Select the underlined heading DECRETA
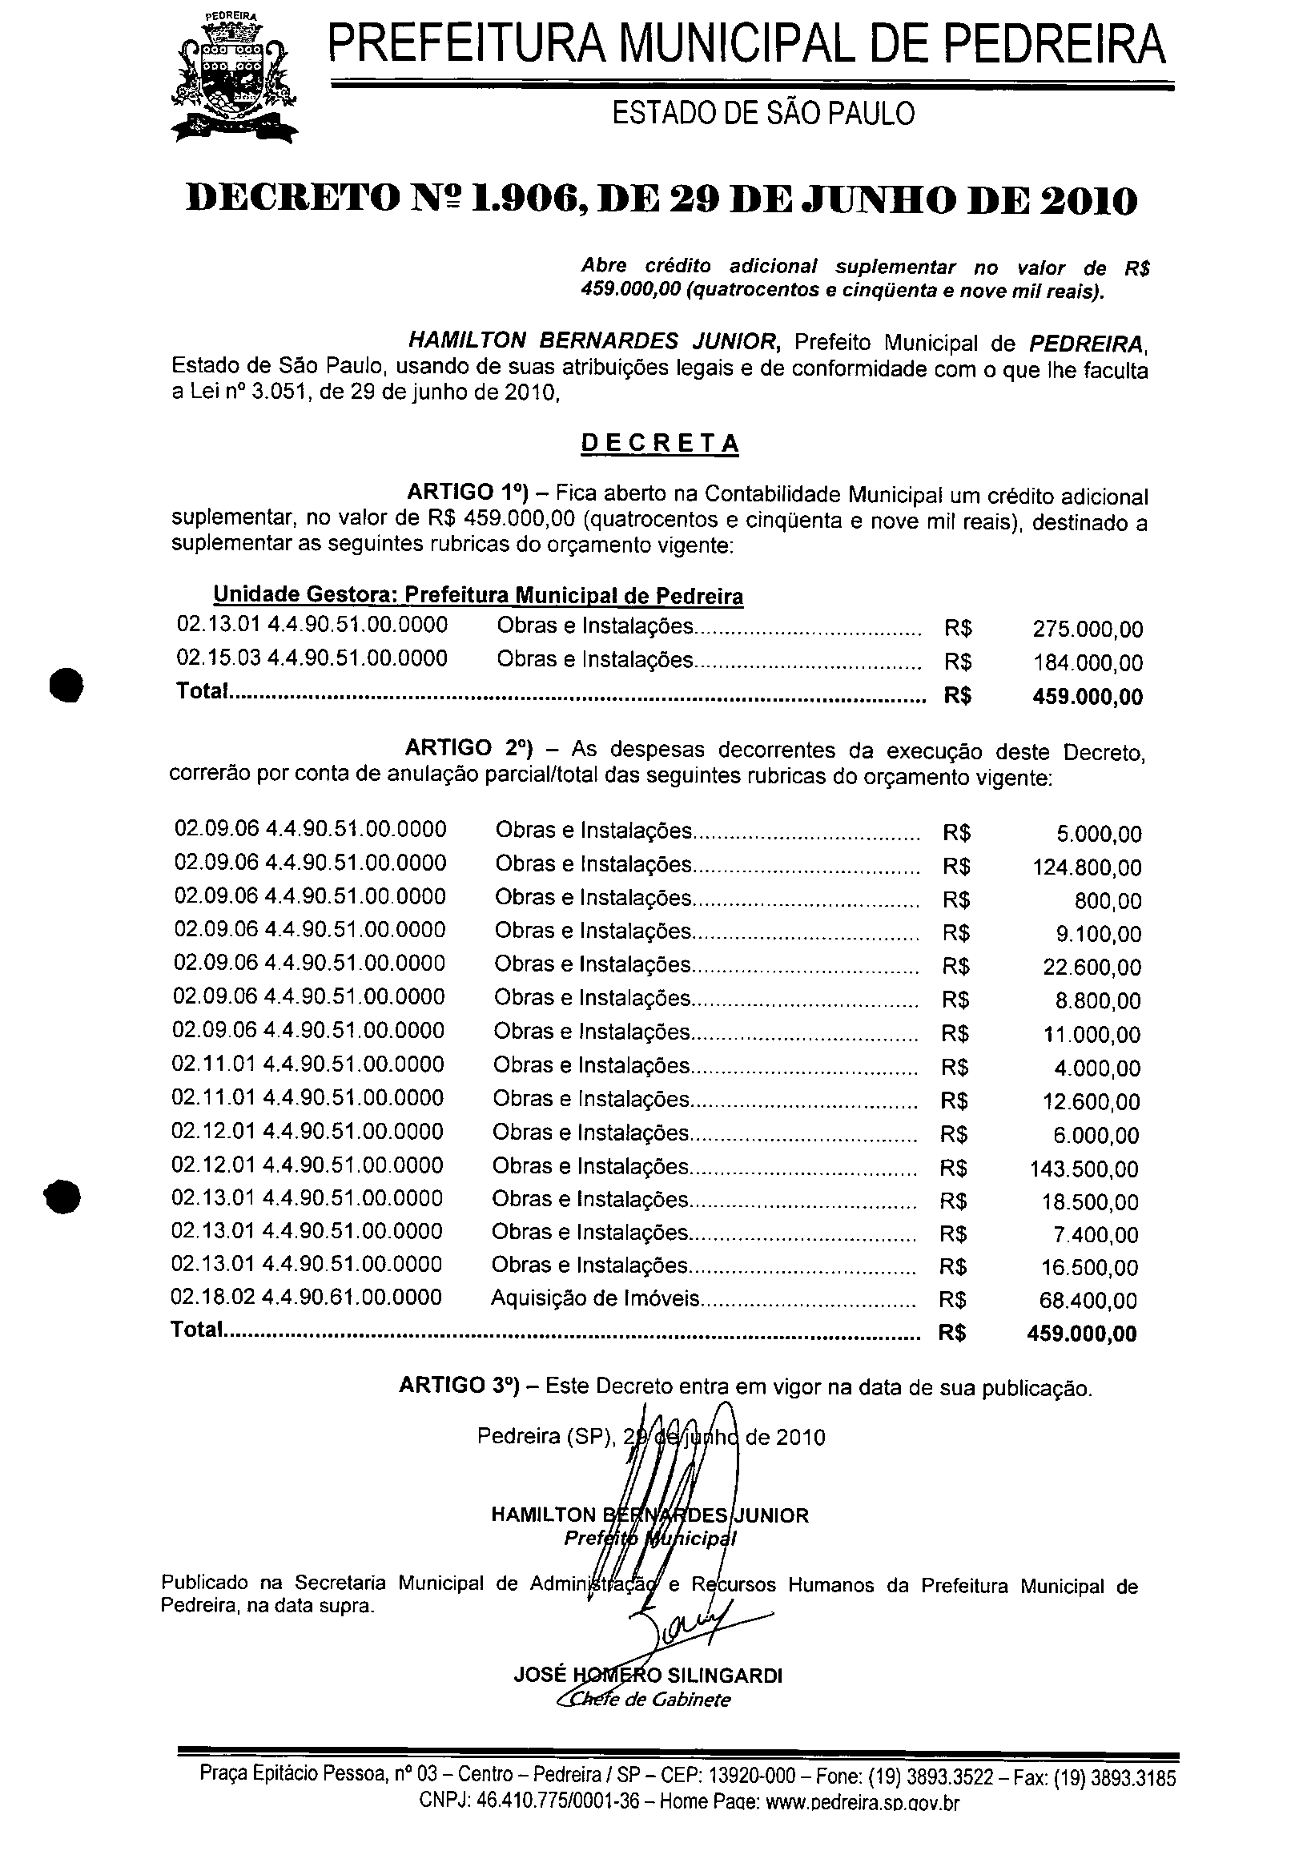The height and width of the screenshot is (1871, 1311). [x=659, y=443]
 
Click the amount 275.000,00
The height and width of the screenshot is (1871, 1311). [x=1087, y=629]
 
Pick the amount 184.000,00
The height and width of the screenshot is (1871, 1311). [x=1087, y=663]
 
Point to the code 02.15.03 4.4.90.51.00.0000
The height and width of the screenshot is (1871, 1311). [x=312, y=658]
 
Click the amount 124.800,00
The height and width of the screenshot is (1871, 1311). [x=1086, y=868]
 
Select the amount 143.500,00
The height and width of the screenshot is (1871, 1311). [x=1084, y=1169]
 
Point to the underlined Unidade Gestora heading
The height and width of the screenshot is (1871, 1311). [x=477, y=596]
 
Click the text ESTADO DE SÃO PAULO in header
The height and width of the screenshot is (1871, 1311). [x=762, y=114]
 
